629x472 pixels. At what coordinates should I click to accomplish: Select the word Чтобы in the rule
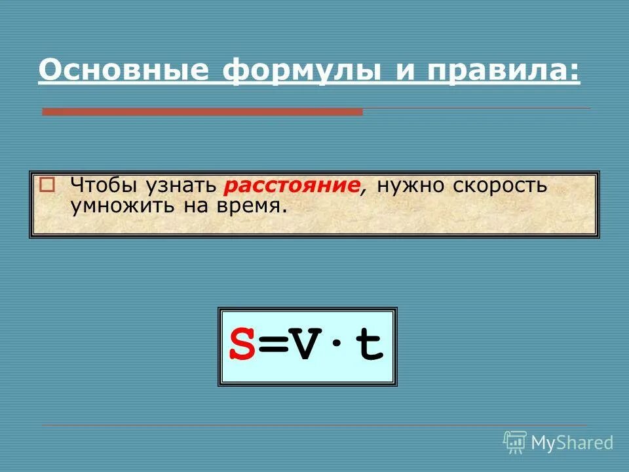pos(102,185)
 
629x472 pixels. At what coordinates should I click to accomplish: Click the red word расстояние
pos(292,186)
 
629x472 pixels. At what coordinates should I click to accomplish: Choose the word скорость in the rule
pos(499,186)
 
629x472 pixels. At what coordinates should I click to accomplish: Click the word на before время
pos(194,206)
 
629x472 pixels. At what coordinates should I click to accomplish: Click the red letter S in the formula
pos(242,347)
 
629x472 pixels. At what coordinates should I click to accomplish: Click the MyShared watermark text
pos(571,442)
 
